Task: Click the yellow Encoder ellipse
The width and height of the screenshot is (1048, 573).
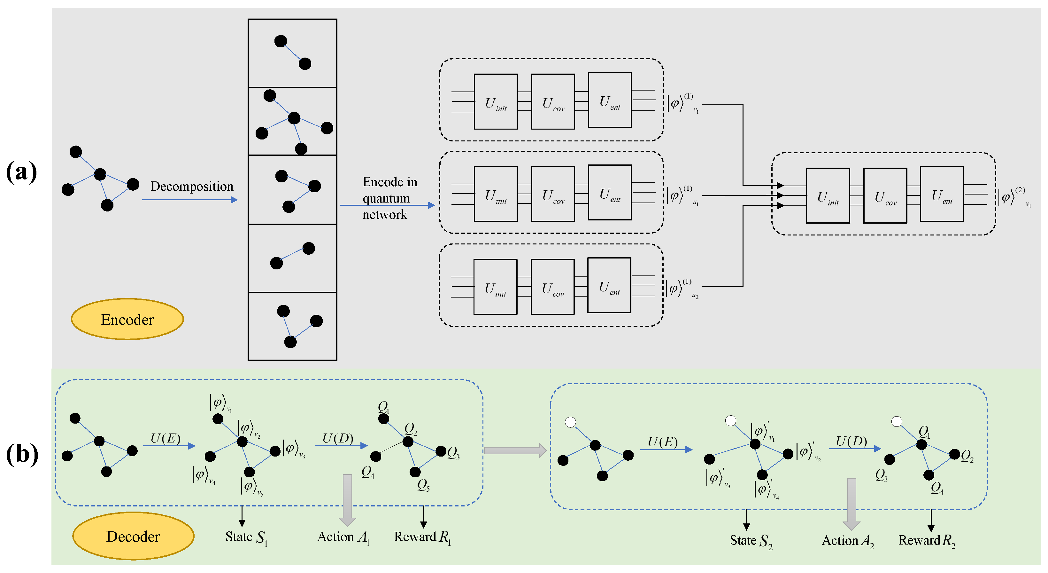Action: pyautogui.click(x=127, y=319)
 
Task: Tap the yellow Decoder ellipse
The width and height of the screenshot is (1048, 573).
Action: pyautogui.click(x=133, y=536)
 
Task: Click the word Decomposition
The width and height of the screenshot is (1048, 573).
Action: pyautogui.click(x=192, y=187)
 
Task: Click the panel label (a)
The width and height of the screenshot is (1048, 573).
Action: pyautogui.click(x=21, y=171)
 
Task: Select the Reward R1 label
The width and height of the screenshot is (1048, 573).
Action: pyautogui.click(x=423, y=537)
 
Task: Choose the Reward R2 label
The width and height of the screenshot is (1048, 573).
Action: pyautogui.click(x=927, y=541)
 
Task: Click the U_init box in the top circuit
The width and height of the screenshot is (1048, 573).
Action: pyautogui.click(x=496, y=101)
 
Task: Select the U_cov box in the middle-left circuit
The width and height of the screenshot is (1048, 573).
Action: pyautogui.click(x=553, y=194)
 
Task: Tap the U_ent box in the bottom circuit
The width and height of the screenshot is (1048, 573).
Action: pyautogui.click(x=609, y=285)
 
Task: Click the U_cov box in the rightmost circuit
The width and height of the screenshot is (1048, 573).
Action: pyautogui.click(x=885, y=195)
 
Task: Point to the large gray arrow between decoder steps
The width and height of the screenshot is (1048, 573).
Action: pyautogui.click(x=515, y=450)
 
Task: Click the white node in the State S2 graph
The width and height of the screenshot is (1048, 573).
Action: pyautogui.click(x=570, y=422)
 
